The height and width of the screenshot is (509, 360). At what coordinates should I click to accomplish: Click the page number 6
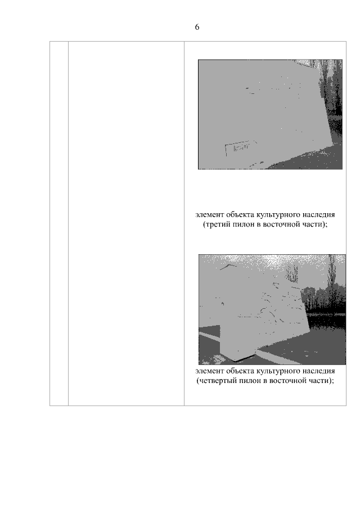pos(197,27)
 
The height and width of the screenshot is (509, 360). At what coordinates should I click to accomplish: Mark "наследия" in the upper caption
pos(319,215)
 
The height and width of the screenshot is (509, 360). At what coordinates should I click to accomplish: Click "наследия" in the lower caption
pos(319,371)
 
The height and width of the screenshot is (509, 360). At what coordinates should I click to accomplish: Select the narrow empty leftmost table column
pos(59,223)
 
